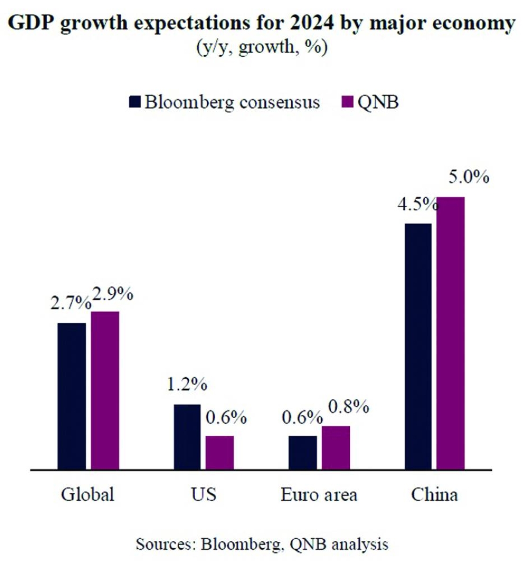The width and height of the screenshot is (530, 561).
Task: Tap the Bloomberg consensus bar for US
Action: pos(187,437)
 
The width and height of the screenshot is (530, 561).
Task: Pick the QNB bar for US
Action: pos(219,453)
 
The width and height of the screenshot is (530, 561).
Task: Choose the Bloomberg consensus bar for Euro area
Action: pos(303,453)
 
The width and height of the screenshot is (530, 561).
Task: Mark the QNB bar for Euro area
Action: pos(335,448)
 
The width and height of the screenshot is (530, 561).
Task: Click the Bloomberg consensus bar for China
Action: pos(418,346)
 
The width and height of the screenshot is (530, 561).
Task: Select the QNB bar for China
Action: pos(450,333)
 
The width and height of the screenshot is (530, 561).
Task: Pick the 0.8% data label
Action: pos(348,407)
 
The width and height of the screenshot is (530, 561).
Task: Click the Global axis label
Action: pos(87,495)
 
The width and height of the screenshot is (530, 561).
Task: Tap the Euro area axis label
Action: pos(319,495)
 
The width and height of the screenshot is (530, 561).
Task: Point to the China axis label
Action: pos(434,495)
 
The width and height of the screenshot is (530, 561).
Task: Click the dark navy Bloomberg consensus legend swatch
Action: pos(135,102)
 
